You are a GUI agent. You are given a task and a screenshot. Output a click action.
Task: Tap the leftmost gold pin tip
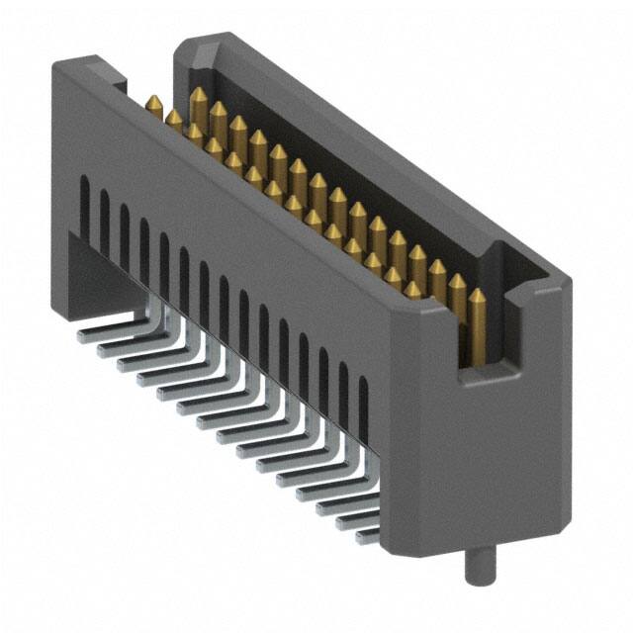(154, 102)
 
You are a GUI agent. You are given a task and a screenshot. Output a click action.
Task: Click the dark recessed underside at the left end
(94, 272)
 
